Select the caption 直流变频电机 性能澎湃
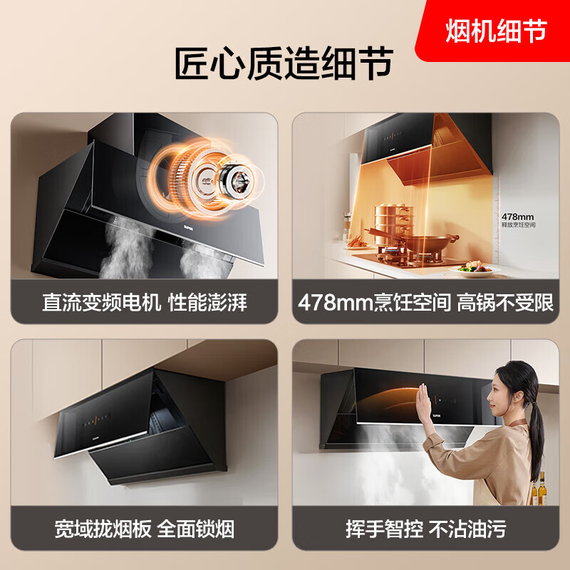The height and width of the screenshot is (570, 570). click(145, 302)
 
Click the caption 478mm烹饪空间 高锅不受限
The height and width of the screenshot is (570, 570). click(425, 302)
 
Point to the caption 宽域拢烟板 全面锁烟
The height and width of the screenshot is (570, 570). click(145, 529)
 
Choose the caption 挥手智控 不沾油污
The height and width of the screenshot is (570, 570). click(425, 529)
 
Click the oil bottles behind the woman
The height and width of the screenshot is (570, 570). click(539, 492)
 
